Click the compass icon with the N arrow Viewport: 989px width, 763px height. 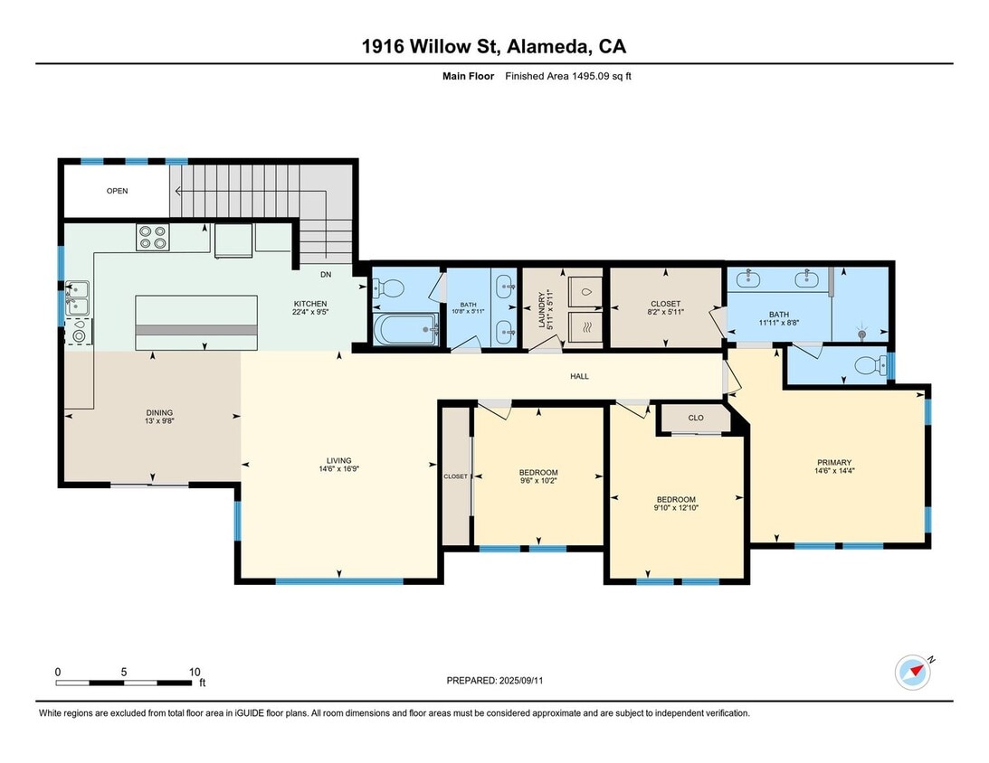[913, 673]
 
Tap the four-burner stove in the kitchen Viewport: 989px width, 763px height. [153, 237]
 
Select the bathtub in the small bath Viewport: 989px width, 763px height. [405, 330]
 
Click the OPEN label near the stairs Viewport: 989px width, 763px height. [118, 191]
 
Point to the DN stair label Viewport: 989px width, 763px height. [326, 275]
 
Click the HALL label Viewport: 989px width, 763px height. [580, 376]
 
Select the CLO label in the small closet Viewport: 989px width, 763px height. [696, 418]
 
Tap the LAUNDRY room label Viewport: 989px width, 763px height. [540, 309]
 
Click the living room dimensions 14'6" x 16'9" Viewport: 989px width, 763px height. [338, 469]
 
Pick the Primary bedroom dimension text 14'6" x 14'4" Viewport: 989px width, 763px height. [834, 471]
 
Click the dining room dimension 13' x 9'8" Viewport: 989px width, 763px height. [159, 421]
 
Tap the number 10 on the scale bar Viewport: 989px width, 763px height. [195, 672]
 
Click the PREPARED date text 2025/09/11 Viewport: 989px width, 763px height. [521, 681]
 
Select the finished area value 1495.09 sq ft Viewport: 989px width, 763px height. [601, 76]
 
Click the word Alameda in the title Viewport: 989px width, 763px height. [548, 47]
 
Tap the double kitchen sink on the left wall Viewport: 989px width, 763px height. [78, 298]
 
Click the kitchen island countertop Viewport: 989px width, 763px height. [196, 323]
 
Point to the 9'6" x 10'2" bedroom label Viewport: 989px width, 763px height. [538, 476]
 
